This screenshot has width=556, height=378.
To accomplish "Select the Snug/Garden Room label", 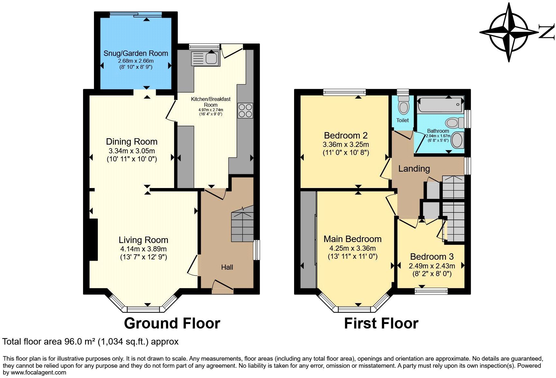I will (135, 53).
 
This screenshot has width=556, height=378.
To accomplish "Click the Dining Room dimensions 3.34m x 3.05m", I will (132, 151).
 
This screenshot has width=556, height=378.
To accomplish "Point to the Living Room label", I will (143, 240).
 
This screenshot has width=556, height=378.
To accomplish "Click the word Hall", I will (227, 267).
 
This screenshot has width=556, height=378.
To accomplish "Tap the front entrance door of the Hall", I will (223, 287).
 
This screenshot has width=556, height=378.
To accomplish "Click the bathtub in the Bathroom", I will (440, 104).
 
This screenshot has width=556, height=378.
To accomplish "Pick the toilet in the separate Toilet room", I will (403, 106).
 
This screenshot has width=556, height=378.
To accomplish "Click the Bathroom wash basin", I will (457, 140).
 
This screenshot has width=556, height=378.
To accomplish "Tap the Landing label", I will (414, 168).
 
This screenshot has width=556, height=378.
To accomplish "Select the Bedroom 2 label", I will (346, 135).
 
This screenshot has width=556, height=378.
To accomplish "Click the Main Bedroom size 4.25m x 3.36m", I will (352, 248).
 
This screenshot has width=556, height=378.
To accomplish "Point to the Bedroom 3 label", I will (432, 256).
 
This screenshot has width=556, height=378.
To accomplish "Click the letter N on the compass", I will (547, 32).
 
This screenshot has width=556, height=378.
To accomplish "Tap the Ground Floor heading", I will (172, 323).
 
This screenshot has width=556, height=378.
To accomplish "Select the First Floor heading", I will (381, 323).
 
